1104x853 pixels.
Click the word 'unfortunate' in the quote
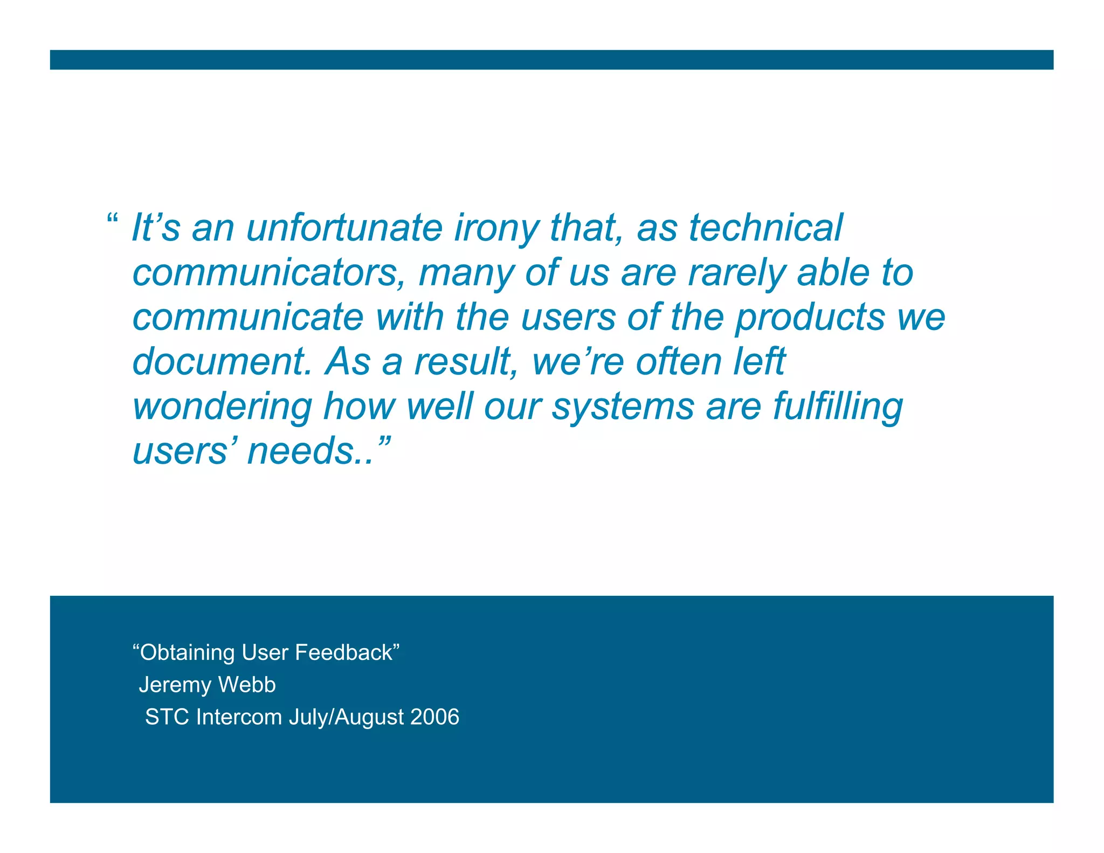pyautogui.click(x=344, y=228)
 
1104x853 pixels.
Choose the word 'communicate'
pyautogui.click(x=248, y=317)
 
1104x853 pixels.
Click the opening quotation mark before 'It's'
pyautogui.click(x=112, y=218)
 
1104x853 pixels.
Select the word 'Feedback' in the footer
pyautogui.click(x=344, y=652)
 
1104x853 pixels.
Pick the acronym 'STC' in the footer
pyautogui.click(x=168, y=717)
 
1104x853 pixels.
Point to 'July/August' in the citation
pyautogui.click(x=346, y=718)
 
